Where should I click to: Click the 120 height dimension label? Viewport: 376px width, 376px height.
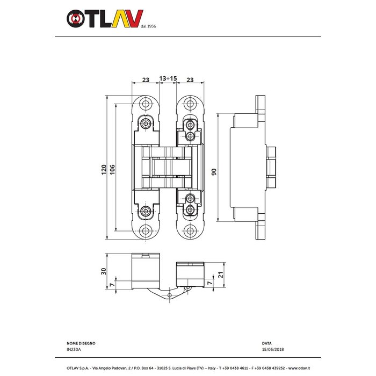tap(103, 170)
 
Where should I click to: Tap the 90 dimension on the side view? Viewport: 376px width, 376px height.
tap(214, 172)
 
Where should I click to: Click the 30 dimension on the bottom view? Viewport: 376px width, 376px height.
tap(104, 272)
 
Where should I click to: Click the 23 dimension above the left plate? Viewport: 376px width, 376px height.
tap(145, 79)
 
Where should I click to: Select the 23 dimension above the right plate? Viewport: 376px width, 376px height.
tap(190, 79)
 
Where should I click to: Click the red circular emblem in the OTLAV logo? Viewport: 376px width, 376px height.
tap(75, 19)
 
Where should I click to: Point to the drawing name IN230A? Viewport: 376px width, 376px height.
tap(74, 350)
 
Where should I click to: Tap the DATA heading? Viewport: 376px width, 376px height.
tap(267, 343)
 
